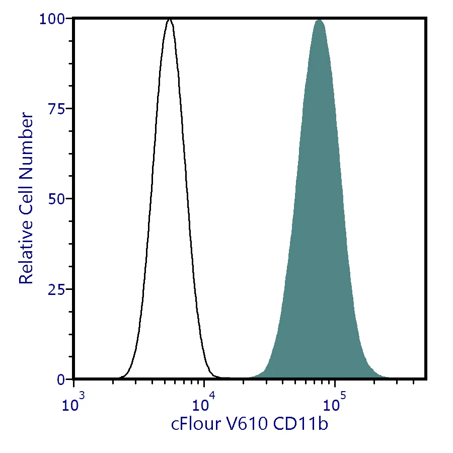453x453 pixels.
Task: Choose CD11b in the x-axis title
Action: pos(300,424)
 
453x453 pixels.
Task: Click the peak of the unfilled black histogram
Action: pos(170,20)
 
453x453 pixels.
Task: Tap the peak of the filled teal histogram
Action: pos(319,20)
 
